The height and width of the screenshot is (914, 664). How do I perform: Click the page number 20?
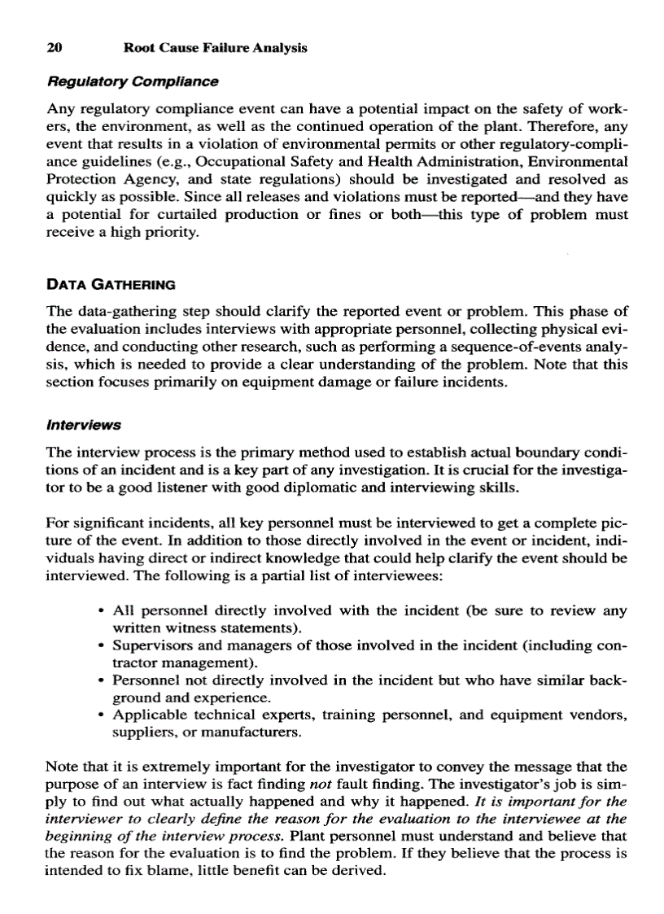click(54, 48)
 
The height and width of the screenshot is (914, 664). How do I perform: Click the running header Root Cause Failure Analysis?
click(215, 48)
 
